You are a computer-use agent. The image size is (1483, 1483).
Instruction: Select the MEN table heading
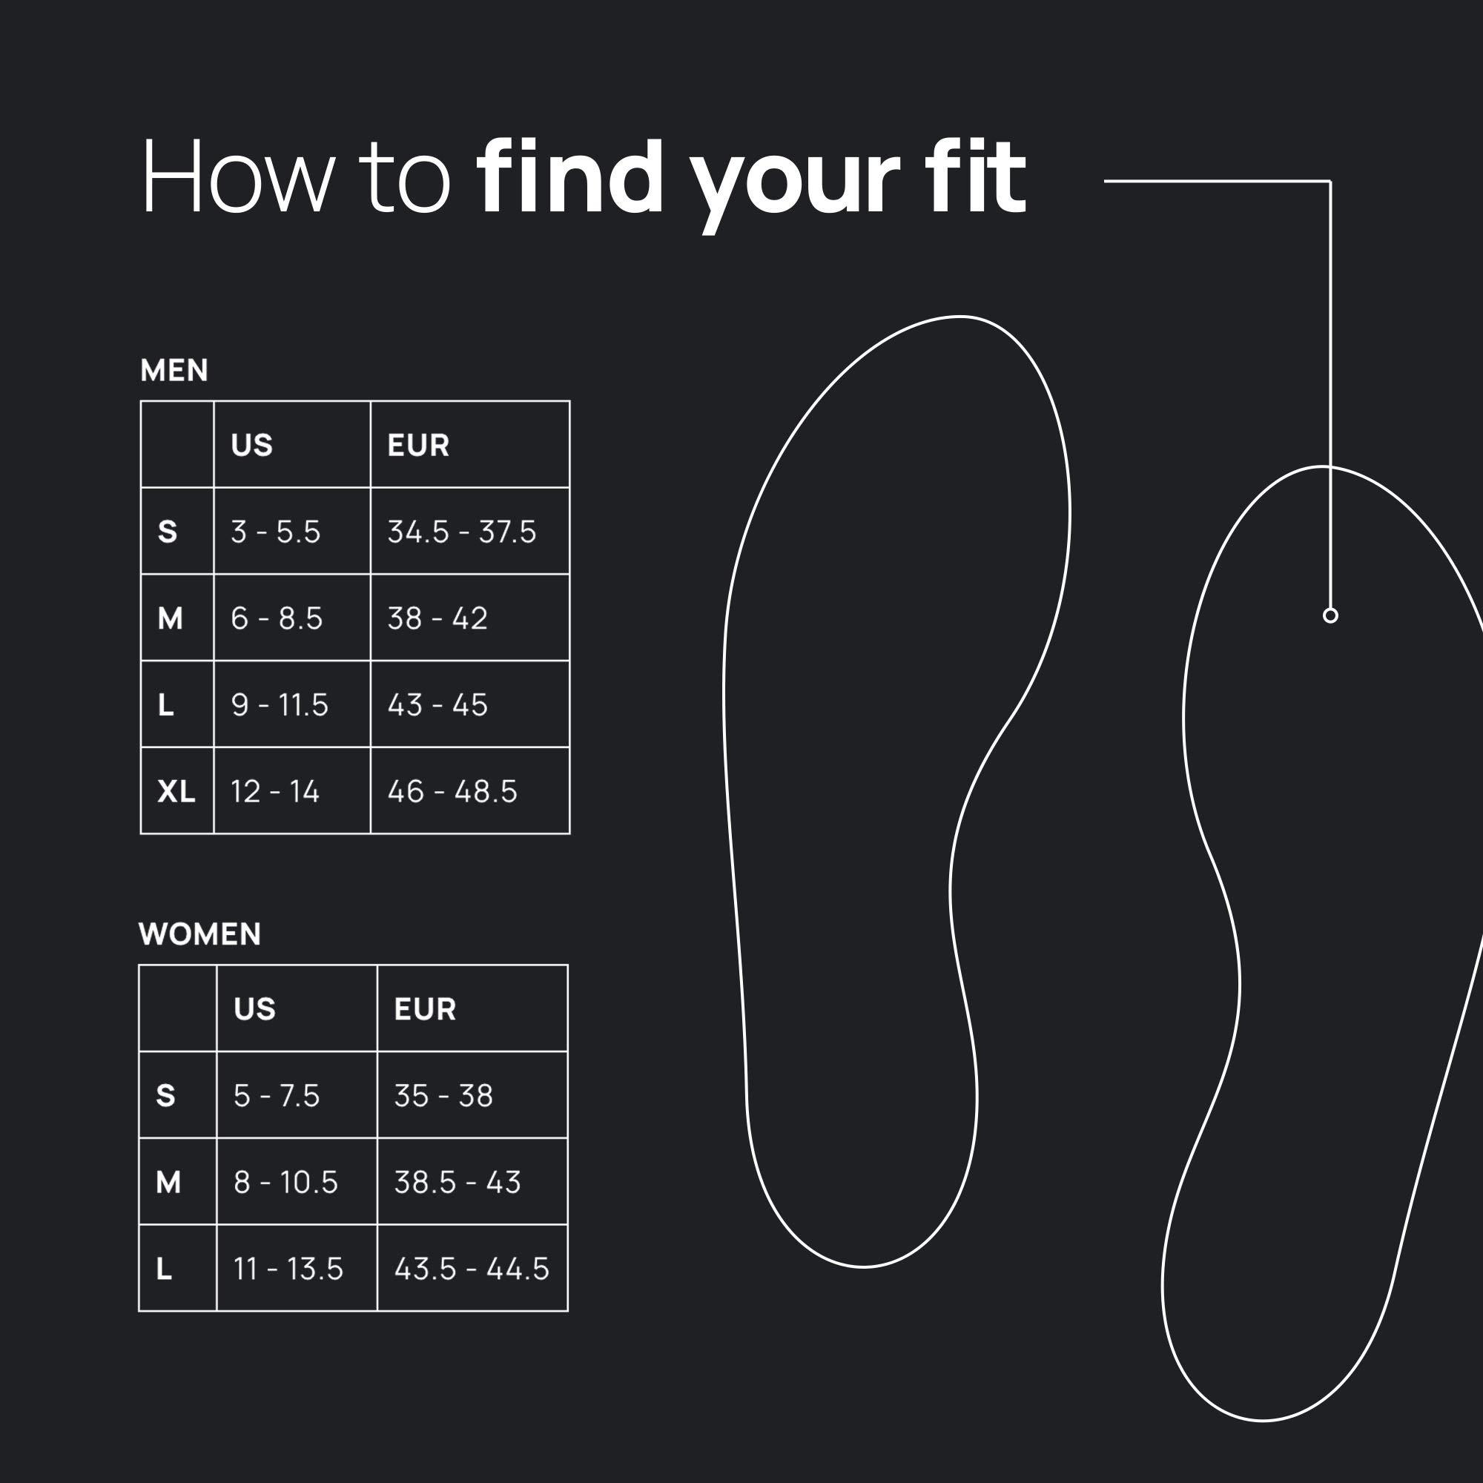pyautogui.click(x=174, y=371)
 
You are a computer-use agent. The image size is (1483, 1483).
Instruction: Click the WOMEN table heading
pyautogui.click(x=199, y=934)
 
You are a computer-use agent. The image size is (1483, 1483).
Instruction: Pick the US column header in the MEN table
pyautogui.click(x=252, y=445)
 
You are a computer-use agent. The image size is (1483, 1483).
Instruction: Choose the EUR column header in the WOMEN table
pyautogui.click(x=424, y=1008)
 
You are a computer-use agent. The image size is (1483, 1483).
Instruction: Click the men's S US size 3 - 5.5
pyautogui.click(x=276, y=532)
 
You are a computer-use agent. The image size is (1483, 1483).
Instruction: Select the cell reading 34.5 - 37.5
pyautogui.click(x=461, y=532)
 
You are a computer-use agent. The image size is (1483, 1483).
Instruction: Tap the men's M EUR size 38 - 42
pyautogui.click(x=437, y=618)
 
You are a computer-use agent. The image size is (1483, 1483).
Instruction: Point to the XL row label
pyautogui.click(x=176, y=791)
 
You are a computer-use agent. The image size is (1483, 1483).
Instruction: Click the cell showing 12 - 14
pyautogui.click(x=275, y=791)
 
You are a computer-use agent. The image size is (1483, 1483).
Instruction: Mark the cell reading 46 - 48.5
pyautogui.click(x=452, y=791)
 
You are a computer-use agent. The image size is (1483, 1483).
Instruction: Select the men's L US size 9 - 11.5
pyautogui.click(x=280, y=704)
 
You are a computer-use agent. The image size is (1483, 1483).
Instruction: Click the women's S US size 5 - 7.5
pyautogui.click(x=277, y=1095)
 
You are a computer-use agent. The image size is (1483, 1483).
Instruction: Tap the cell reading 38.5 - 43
pyautogui.click(x=458, y=1182)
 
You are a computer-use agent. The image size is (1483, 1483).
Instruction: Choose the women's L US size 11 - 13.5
pyautogui.click(x=288, y=1269)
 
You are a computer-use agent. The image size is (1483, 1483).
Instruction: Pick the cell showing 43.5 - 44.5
pyautogui.click(x=472, y=1269)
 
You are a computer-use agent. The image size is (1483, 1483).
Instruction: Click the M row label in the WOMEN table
pyautogui.click(x=168, y=1182)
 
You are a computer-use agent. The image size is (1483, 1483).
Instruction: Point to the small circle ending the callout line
pyautogui.click(x=1330, y=615)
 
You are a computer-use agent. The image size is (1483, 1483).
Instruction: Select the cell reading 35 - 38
pyautogui.click(x=443, y=1095)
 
